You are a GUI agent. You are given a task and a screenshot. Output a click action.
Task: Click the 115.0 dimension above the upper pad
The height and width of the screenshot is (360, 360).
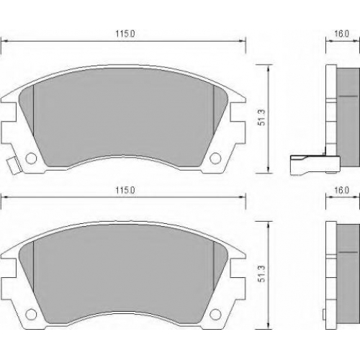click(x=125, y=34)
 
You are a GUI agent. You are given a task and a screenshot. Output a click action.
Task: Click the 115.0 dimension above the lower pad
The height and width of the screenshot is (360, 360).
click(x=125, y=190)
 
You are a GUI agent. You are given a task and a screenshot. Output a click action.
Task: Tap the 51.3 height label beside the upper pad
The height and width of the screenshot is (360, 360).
click(x=261, y=117)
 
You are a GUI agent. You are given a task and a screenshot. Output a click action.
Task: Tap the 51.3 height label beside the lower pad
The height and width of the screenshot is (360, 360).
click(x=261, y=274)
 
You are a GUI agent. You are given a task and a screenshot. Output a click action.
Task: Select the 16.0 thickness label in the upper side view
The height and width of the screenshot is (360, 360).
click(x=341, y=34)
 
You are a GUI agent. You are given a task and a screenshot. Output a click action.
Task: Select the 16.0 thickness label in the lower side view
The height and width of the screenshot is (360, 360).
click(x=341, y=190)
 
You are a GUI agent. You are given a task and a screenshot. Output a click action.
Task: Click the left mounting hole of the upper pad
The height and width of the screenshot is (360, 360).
click(x=31, y=158)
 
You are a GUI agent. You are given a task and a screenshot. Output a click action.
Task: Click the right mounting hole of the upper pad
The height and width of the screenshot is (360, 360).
click(x=215, y=158)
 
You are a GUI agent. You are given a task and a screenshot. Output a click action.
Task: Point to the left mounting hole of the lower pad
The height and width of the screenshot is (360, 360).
click(x=31, y=314)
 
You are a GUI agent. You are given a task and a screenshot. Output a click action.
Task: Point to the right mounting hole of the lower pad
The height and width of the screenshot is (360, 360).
click(x=215, y=314)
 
